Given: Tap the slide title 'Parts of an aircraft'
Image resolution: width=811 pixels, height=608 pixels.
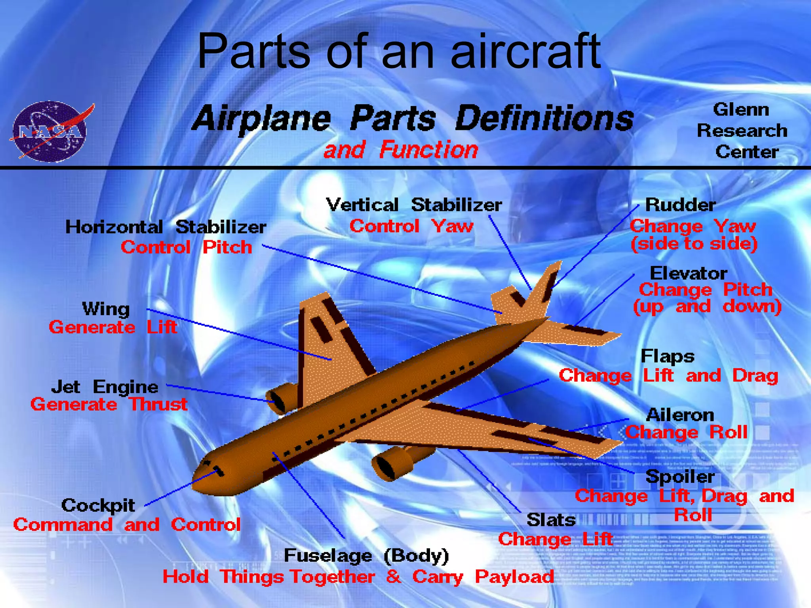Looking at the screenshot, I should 398,51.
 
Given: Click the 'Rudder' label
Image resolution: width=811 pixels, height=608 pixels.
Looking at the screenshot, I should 680,205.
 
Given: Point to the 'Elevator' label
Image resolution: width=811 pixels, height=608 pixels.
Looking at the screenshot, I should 688,273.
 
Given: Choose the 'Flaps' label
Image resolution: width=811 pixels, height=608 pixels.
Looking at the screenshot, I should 667,356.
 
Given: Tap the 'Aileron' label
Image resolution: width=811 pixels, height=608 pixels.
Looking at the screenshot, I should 680,415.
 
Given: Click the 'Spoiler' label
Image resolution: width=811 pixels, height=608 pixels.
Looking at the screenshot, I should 680,476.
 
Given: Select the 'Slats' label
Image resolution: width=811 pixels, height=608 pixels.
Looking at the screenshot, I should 551,520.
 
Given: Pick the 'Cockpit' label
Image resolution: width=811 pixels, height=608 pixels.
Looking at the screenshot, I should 98,505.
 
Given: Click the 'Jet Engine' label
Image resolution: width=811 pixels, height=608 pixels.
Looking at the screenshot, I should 105,387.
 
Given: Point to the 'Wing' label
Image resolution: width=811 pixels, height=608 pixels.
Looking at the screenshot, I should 106,309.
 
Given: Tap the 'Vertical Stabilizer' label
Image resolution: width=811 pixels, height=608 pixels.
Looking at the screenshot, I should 414,205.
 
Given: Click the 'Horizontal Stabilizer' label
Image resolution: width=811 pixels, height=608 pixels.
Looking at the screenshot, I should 166,227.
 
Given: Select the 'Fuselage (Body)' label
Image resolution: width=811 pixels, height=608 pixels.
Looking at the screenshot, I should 366,556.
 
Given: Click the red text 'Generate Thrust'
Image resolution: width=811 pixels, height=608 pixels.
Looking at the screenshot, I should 109,405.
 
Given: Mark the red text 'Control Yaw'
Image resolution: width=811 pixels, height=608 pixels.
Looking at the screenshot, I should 411,226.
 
